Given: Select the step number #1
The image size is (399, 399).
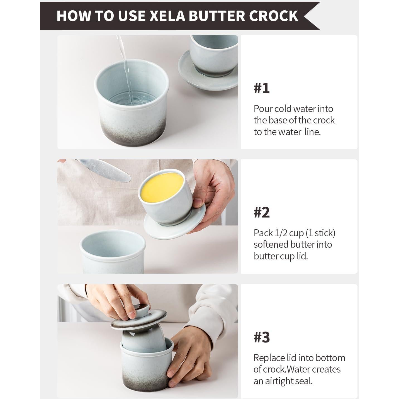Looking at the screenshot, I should click(x=261, y=88).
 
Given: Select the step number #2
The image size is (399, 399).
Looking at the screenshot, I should click(x=261, y=213).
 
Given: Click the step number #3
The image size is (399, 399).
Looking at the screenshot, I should click(x=261, y=337).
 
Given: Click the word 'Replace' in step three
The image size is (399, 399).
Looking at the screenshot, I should click(x=269, y=358).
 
